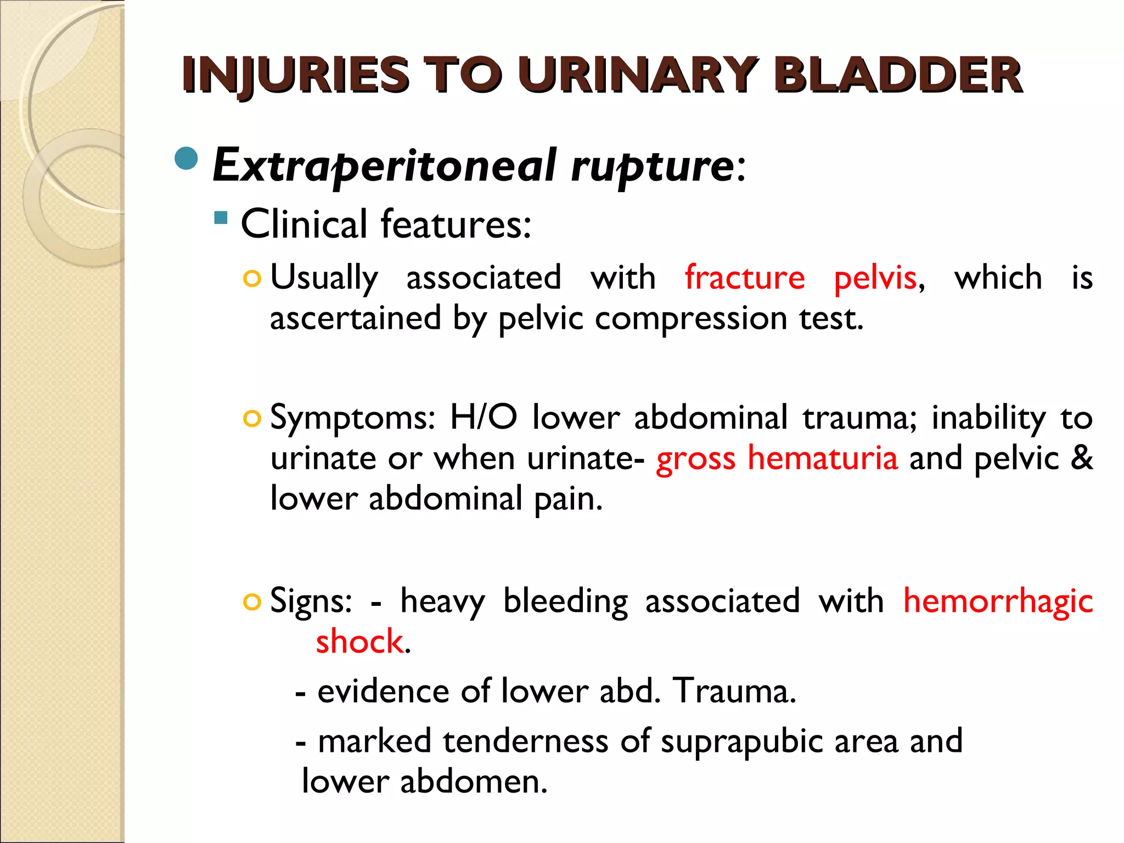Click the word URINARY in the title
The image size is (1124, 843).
(638, 75)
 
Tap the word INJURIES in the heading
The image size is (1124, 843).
(295, 75)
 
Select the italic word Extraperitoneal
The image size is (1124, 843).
(384, 166)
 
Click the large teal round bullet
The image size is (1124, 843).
(186, 159)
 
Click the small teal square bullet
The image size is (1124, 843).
(221, 218)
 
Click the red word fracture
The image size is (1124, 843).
(745, 278)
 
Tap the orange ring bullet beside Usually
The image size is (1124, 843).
(252, 279)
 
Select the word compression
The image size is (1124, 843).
(691, 318)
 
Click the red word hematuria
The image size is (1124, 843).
(823, 458)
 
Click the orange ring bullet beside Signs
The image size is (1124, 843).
(252, 603)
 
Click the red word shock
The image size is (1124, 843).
(359, 642)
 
